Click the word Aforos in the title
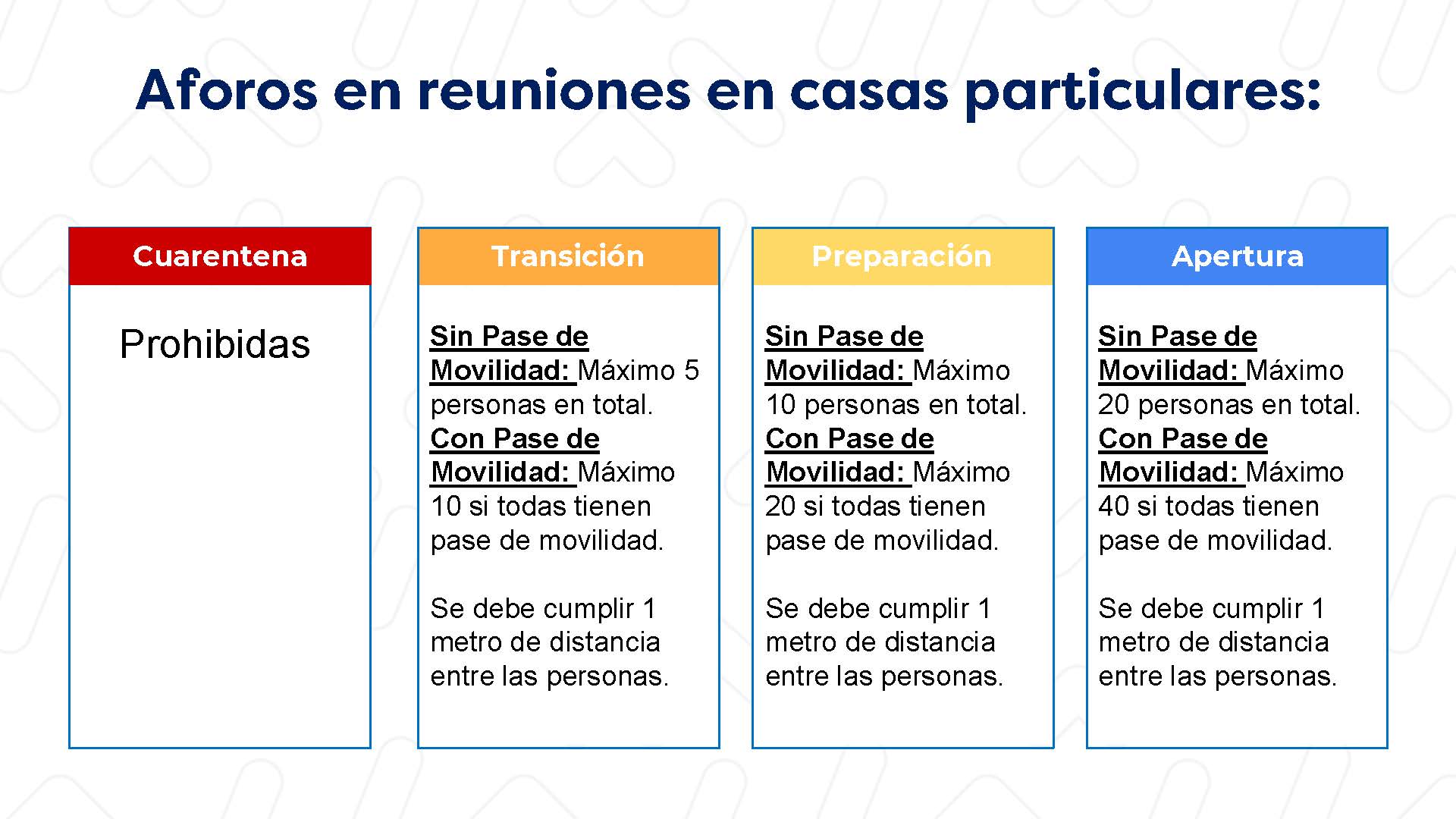click(227, 90)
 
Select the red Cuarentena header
click(220, 256)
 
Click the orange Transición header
click(568, 256)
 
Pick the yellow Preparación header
click(902, 256)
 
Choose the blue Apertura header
click(1237, 256)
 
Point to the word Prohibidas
click(215, 344)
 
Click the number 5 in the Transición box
click(692, 371)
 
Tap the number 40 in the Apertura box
click(1114, 506)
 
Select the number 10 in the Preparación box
click(781, 405)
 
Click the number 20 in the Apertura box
click(1114, 405)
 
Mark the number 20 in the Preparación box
click(781, 506)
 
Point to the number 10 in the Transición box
click(446, 506)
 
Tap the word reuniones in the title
click(554, 90)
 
